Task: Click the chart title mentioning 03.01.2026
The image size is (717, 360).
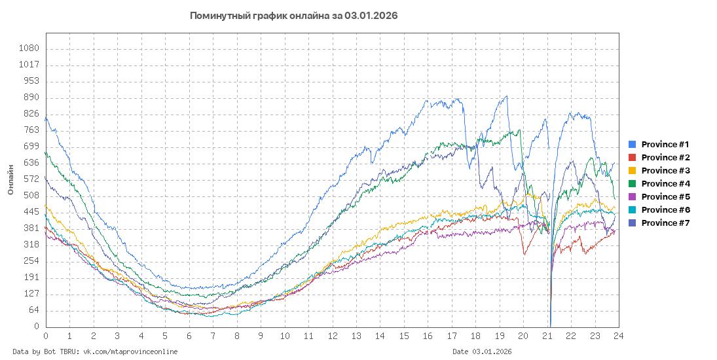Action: (x=293, y=15)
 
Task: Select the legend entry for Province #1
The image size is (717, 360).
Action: (x=665, y=145)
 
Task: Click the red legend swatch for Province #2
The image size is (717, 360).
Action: (x=633, y=158)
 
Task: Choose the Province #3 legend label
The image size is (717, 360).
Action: (x=665, y=171)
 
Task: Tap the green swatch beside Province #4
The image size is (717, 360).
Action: (x=633, y=184)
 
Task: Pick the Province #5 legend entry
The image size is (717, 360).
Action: (x=665, y=197)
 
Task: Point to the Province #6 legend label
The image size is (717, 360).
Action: (x=665, y=210)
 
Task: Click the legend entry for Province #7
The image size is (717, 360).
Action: (x=665, y=223)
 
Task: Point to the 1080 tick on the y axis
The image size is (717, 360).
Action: (x=30, y=48)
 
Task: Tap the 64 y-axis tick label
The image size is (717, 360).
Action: (x=34, y=310)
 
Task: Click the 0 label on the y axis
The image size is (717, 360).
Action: (x=37, y=327)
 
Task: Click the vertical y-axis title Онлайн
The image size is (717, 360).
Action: (x=10, y=180)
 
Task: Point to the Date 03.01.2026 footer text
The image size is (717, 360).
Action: (x=482, y=351)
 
